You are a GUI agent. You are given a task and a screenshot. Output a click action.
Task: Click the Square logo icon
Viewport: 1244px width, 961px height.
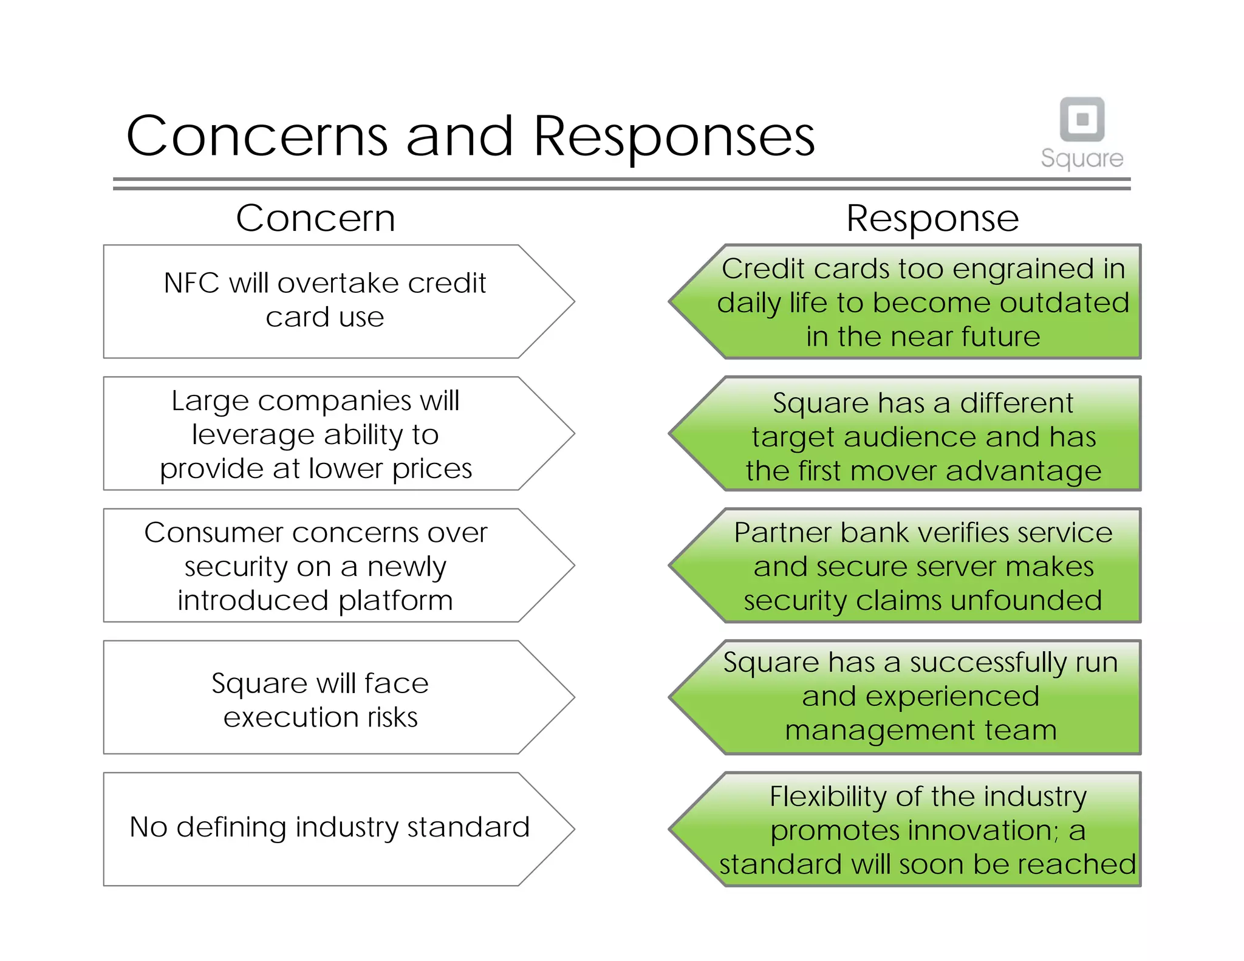click(1082, 119)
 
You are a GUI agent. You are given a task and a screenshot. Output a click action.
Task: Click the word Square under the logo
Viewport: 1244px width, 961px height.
click(1082, 159)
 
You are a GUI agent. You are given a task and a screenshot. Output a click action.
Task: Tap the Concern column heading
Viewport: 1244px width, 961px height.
click(315, 218)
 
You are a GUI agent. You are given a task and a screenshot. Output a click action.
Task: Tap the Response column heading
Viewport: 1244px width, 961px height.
click(932, 218)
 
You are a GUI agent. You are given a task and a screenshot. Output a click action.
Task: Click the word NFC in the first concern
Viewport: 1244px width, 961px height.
click(191, 284)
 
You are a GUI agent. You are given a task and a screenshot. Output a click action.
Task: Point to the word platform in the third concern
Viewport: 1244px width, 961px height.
click(395, 601)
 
